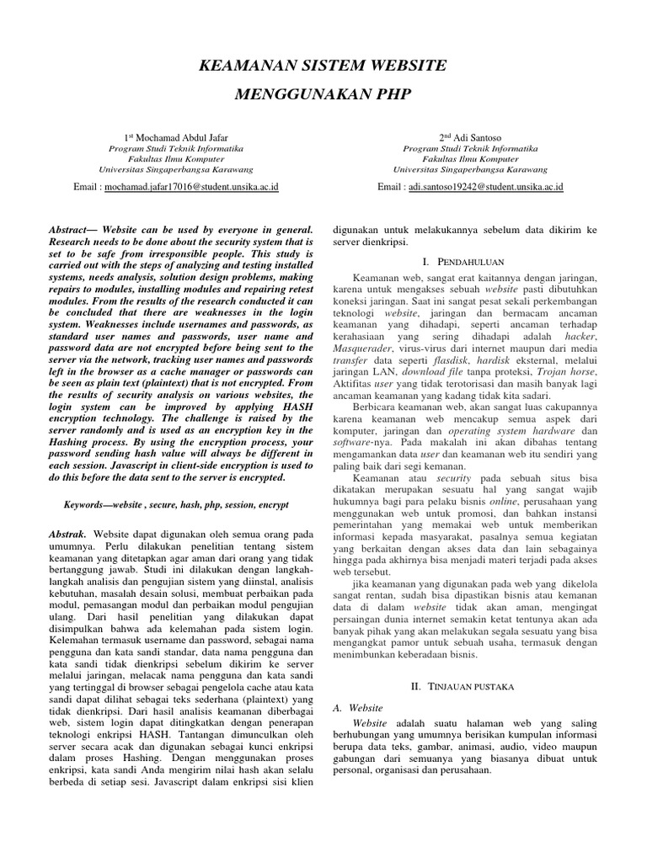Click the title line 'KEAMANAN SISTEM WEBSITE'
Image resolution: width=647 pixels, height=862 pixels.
click(323, 65)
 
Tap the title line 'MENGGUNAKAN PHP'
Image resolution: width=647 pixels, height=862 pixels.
click(323, 94)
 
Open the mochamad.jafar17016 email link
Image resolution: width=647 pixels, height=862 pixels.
click(191, 187)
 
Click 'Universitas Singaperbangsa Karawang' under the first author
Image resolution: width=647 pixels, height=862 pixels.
click(176, 168)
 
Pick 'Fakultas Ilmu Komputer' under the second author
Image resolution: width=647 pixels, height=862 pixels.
click(470, 157)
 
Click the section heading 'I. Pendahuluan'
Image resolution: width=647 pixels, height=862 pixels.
click(466, 264)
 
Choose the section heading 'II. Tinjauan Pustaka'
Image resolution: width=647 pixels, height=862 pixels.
click(466, 687)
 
